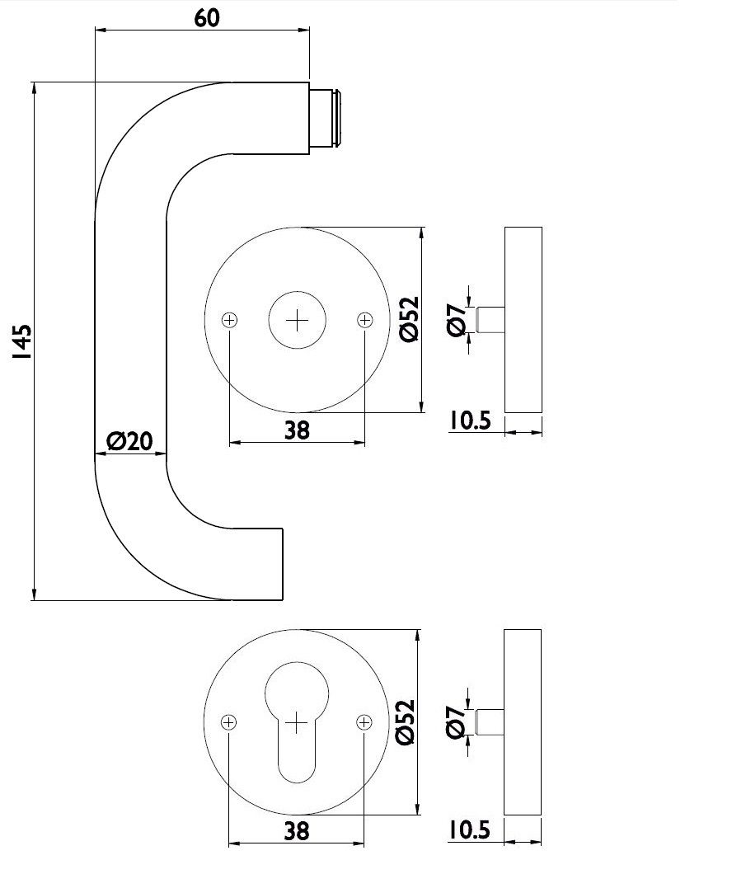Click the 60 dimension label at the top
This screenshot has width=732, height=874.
207,18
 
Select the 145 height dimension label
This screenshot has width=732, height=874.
24,341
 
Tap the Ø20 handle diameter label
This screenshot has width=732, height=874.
129,441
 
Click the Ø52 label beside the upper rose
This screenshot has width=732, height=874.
410,320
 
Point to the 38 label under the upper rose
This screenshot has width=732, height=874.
297,430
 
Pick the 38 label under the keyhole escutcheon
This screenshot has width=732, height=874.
297,831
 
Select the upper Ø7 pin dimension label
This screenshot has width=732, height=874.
456,321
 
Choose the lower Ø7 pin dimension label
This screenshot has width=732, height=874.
455,722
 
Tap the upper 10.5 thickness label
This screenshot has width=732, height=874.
470,420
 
